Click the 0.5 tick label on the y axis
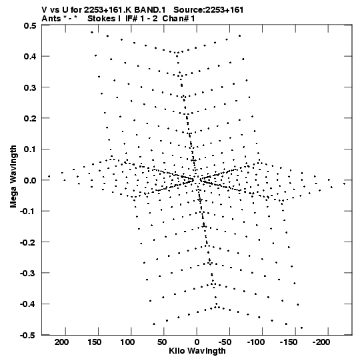tap(30, 25)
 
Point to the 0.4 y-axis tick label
tap(30, 57)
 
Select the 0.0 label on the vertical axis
tap(30, 180)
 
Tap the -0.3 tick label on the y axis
tap(28, 274)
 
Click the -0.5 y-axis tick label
tap(28, 335)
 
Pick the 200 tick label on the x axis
tap(61, 342)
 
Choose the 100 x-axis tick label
tap(127, 342)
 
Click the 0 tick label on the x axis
tap(197, 342)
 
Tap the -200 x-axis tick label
tap(321, 342)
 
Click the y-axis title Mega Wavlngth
tap(13, 177)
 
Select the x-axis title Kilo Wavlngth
tap(197, 351)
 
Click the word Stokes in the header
tap(101, 19)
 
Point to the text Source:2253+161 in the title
tap(209, 10)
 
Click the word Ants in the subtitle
tap(51, 19)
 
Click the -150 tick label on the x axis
tap(288, 342)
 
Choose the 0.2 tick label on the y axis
tap(30, 118)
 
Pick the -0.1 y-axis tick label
tap(28, 212)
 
